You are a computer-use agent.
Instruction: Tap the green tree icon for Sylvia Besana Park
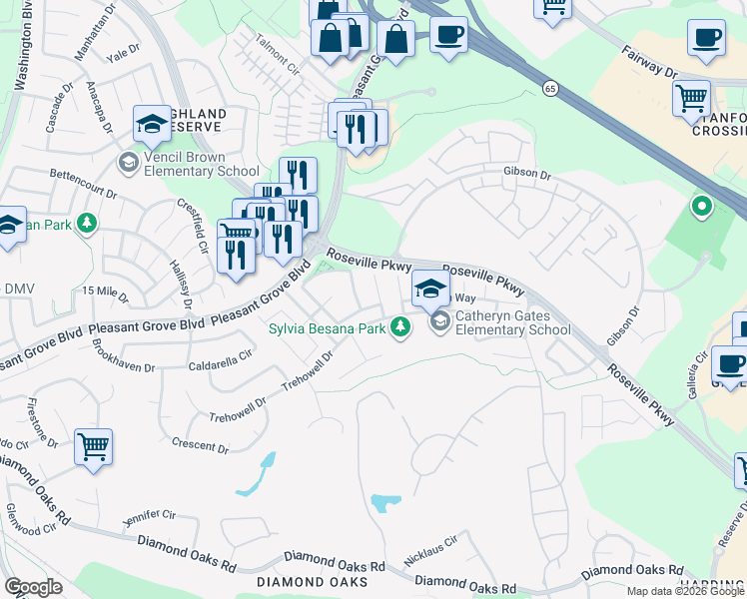(x=400, y=327)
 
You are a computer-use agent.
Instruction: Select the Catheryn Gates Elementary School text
(x=512, y=322)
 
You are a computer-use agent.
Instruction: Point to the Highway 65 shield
(x=550, y=89)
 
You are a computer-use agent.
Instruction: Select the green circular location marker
(x=702, y=208)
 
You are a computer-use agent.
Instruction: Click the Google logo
(x=33, y=586)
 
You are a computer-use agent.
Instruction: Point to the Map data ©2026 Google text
(x=686, y=591)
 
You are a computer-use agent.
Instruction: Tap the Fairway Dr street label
(x=649, y=62)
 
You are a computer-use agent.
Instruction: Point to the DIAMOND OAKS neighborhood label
(x=307, y=581)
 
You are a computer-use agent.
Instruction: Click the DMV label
(x=19, y=290)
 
